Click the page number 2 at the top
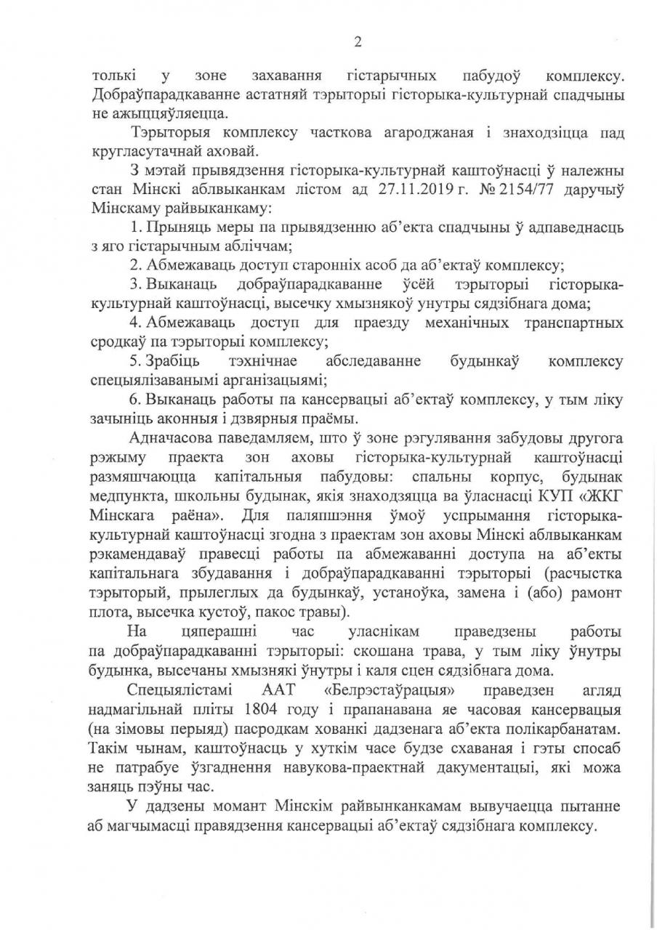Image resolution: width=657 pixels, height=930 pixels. (x=357, y=41)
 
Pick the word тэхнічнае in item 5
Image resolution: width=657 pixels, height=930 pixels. (x=262, y=360)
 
